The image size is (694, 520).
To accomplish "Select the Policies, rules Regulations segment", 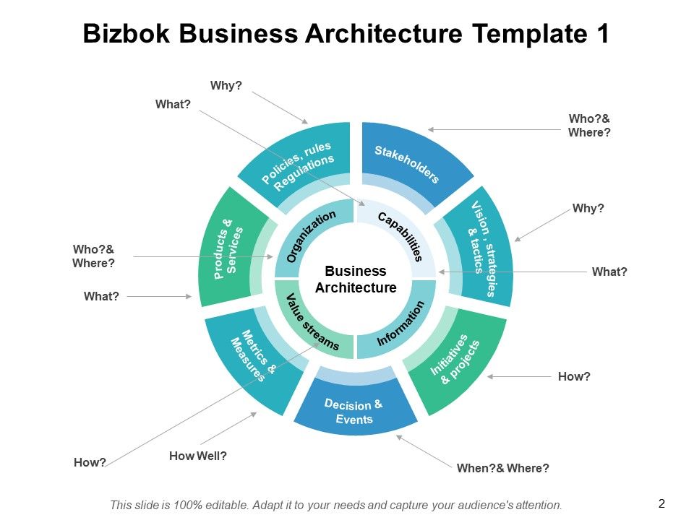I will click(299, 166).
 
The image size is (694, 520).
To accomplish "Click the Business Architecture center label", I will click(356, 279).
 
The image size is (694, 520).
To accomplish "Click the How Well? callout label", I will click(198, 456).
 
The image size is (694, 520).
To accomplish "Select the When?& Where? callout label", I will click(502, 468).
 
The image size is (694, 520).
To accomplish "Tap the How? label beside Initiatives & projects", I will click(575, 376).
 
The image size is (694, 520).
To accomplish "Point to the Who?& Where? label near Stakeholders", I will click(589, 126).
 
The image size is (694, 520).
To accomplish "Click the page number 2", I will click(661, 503).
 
